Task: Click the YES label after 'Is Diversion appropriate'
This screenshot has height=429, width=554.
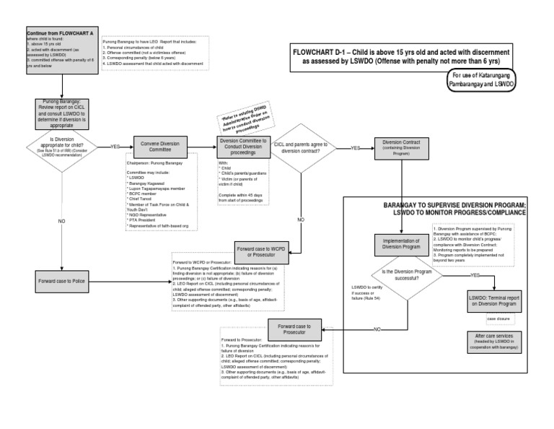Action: pos(115,147)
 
